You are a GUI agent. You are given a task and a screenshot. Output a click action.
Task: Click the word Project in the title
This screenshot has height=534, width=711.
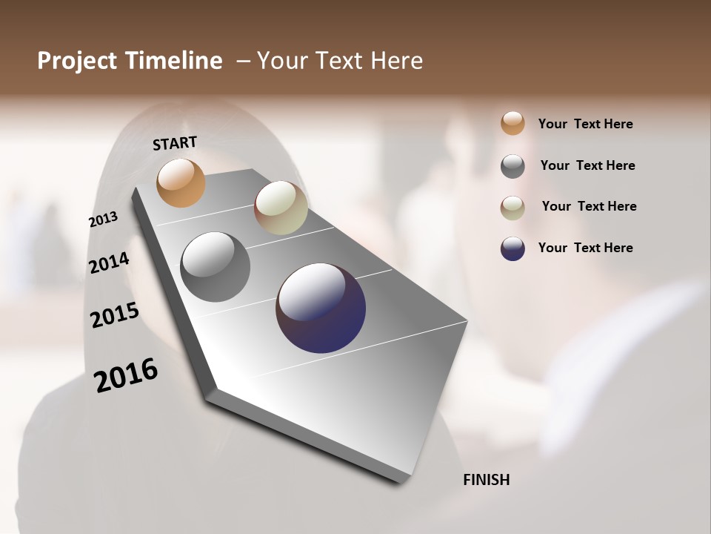pos(76,61)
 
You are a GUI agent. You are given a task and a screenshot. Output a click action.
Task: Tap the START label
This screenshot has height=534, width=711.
pos(175,143)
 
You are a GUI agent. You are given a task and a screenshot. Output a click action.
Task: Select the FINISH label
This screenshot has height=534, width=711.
pos(486,480)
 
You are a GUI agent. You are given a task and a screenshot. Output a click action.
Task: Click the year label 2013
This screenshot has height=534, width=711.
pos(103,220)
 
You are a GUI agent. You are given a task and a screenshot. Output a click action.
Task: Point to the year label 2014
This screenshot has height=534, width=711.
pos(109,263)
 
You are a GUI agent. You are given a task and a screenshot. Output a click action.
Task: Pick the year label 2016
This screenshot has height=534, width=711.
pos(126,375)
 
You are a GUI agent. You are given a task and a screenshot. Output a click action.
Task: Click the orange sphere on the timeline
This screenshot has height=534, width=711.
pos(181,182)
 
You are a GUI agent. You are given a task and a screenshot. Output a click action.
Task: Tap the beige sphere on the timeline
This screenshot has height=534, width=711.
pos(281,208)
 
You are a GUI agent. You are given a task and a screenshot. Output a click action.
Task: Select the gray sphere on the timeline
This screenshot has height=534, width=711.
pos(215,267)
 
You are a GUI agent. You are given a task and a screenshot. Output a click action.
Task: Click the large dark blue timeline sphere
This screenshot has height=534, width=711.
pos(321,308)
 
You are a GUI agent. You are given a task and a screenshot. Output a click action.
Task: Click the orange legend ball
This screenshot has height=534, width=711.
pos(513,123)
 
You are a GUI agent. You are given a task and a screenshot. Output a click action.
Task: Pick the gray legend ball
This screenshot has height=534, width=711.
pos(513,166)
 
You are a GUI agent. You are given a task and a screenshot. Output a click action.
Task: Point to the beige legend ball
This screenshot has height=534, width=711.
pos(513,208)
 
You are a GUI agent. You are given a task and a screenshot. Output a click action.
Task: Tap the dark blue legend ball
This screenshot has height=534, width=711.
pos(513,248)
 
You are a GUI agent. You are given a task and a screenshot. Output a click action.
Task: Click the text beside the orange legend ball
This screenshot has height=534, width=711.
pos(585,124)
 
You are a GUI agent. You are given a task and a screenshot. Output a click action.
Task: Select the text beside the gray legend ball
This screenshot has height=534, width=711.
pos(587,165)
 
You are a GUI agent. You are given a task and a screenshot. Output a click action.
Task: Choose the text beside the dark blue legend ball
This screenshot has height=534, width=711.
pos(585,248)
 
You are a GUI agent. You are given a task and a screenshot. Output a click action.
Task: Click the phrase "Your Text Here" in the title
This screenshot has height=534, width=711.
pos(340,61)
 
